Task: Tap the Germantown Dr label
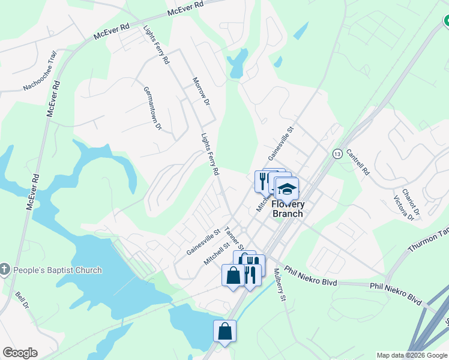coord(152,108)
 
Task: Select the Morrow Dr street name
coord(200,92)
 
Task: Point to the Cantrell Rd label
coord(358,161)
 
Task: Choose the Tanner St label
coord(233,238)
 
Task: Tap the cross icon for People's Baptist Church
coord(5,269)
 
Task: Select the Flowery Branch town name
coord(288,209)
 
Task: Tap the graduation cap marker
coord(287,189)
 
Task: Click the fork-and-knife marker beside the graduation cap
coord(263,180)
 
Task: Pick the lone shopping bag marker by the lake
coord(224,331)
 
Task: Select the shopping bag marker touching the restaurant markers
coord(234,275)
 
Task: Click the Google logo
coord(20,353)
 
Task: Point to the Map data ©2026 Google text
coord(412,355)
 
